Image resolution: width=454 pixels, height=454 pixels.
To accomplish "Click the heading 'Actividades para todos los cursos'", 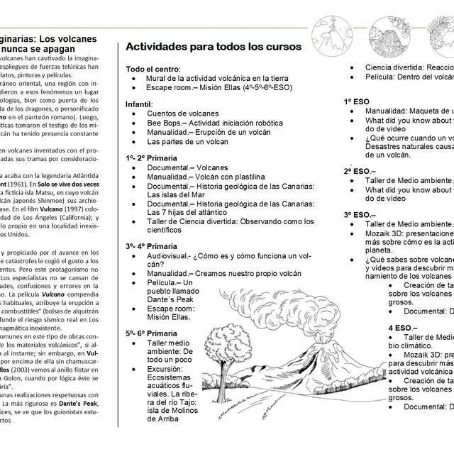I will coord(214,47).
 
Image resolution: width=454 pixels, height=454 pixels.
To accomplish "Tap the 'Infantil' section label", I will coord(139,104).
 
